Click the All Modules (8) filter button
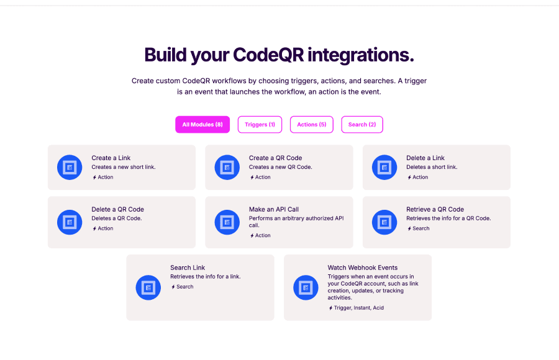tap(202, 124)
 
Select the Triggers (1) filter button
tap(260, 124)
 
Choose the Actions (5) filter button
tap(312, 124)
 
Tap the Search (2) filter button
tap(362, 124)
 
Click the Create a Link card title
tap(111, 158)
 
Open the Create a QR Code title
tap(275, 158)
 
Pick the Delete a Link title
tap(425, 158)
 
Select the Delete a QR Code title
tap(117, 209)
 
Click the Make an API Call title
tap(274, 209)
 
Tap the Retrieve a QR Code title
tap(435, 209)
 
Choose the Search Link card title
tap(188, 268)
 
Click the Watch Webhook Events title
tap(363, 268)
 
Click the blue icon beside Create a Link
tap(70, 167)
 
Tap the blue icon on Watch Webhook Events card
tap(306, 287)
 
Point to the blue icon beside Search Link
tap(148, 287)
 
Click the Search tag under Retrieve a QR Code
tap(419, 228)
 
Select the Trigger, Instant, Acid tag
tap(356, 308)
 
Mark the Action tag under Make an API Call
tap(260, 236)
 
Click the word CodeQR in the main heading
tap(268, 55)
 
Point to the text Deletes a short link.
tap(432, 167)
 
